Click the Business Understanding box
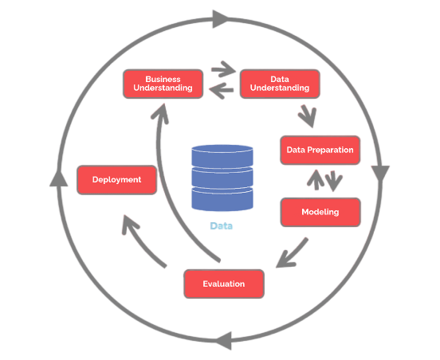163,84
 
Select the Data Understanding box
280,84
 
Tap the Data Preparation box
320,150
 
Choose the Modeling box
320,212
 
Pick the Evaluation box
224,284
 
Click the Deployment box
116,180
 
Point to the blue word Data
222,226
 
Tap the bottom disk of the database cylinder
222,199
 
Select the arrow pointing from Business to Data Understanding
224,69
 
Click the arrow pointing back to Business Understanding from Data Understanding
222,90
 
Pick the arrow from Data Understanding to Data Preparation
308,116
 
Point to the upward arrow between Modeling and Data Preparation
316,180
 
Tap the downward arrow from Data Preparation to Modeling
334,181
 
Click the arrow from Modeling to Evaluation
292,253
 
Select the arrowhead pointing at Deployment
130,224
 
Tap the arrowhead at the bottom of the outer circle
224,341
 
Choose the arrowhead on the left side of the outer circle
59,178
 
